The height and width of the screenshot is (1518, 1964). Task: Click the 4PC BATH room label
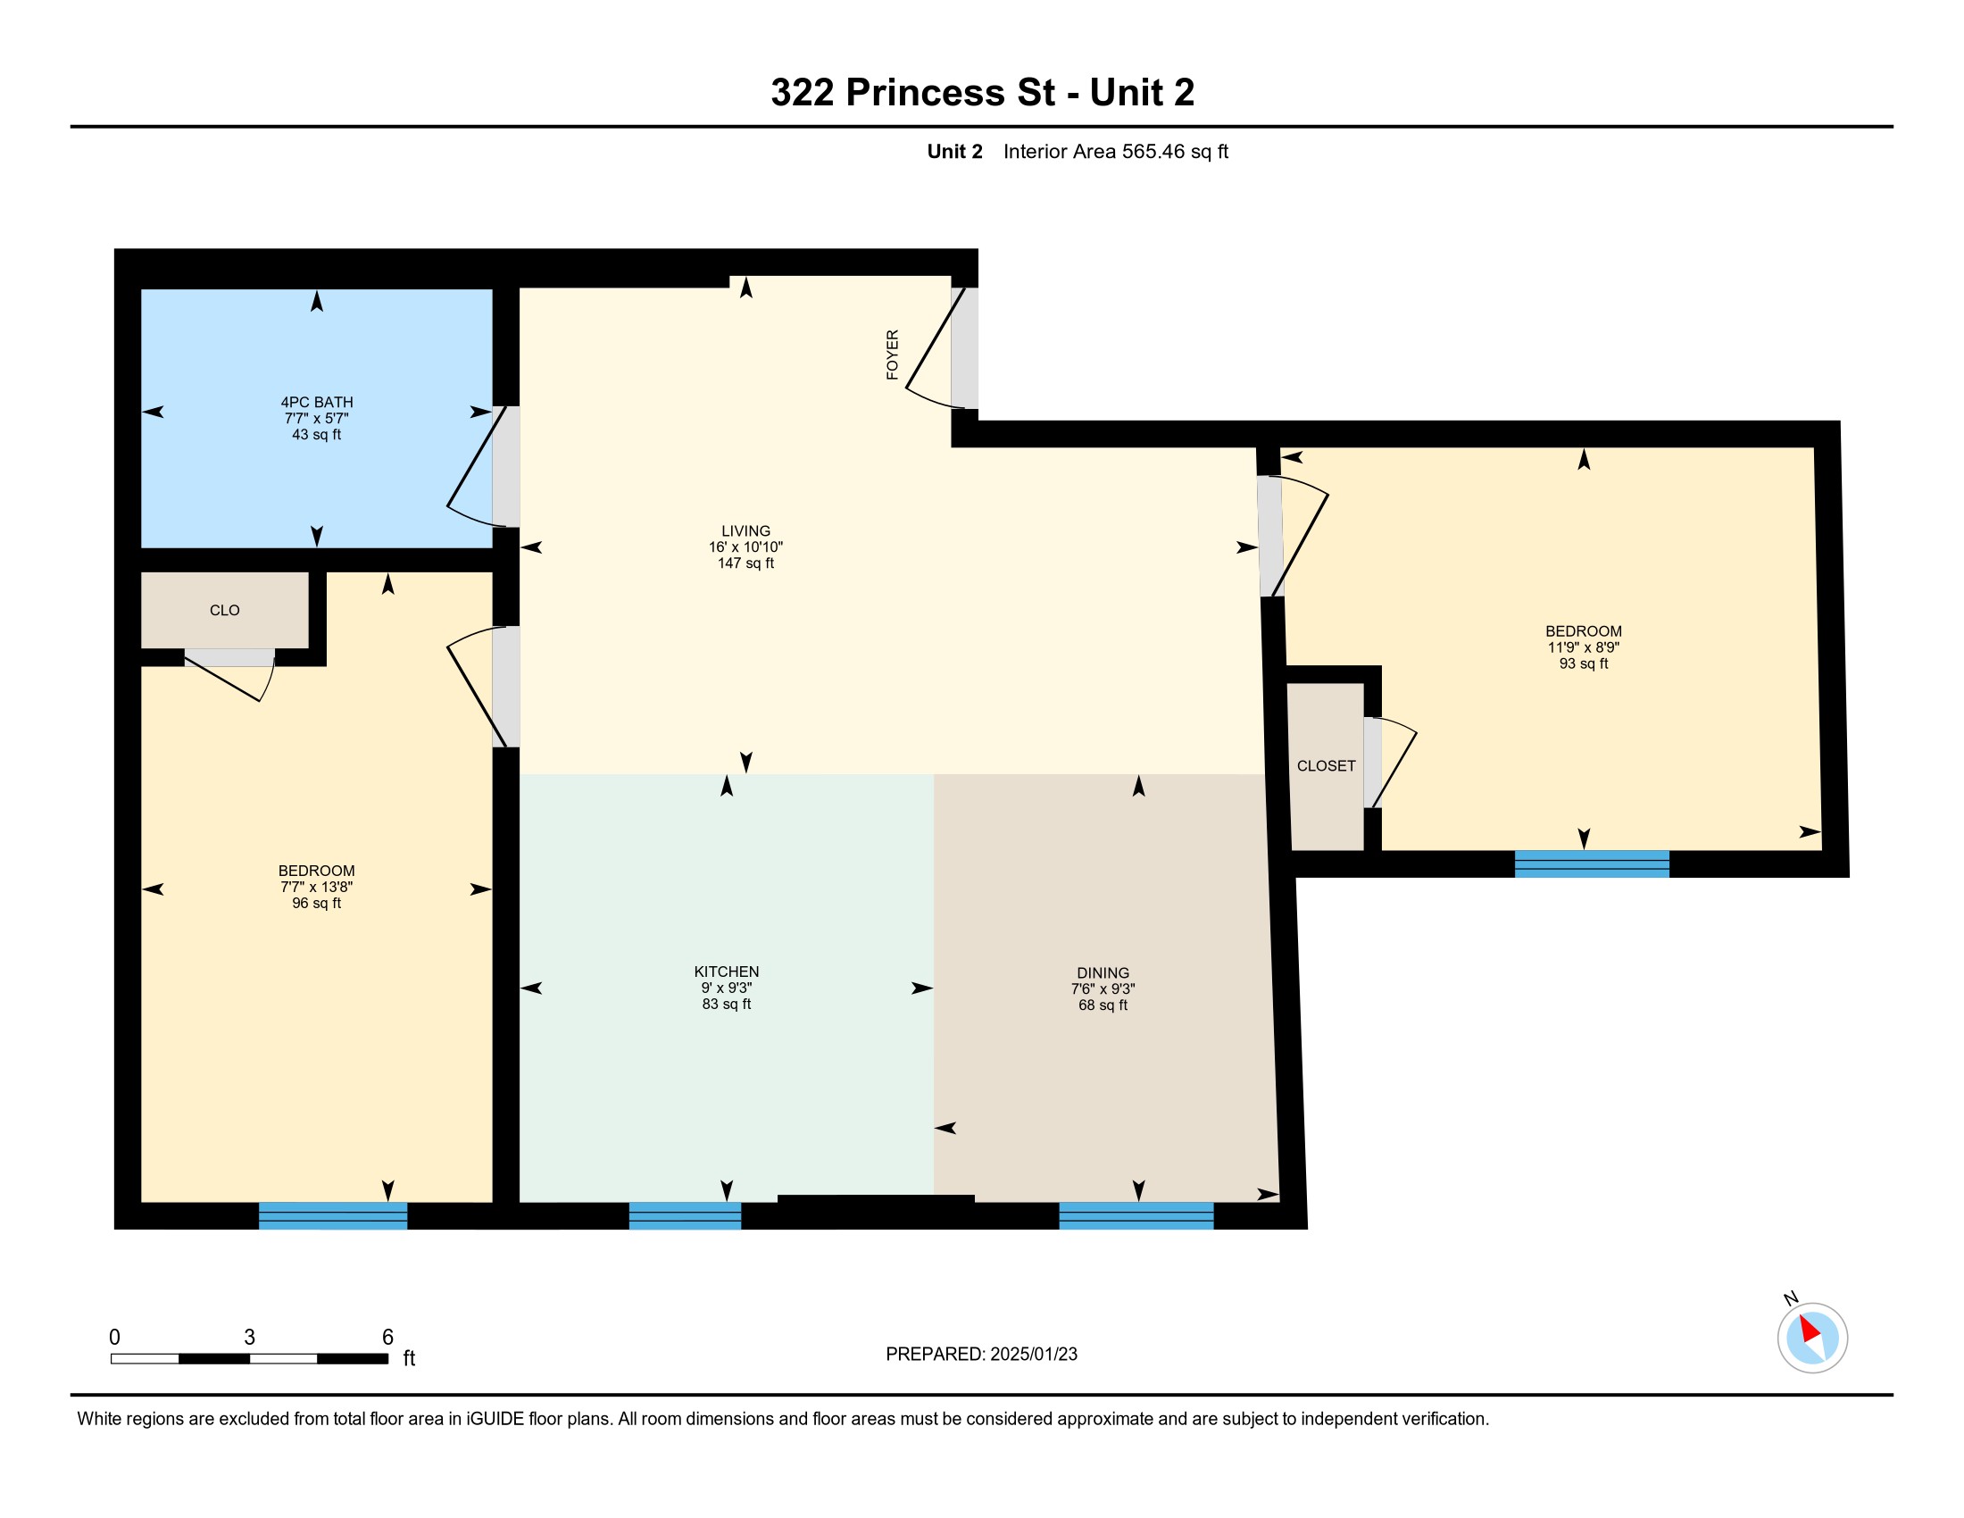317,402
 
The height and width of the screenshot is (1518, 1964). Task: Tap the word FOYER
892,354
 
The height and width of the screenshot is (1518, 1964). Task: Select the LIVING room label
745,530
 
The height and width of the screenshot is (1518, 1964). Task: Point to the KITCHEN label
727,972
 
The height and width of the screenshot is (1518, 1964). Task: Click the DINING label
1103,973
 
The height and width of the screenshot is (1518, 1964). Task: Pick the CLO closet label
225,611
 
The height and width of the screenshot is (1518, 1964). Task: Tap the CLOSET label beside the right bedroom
1327,766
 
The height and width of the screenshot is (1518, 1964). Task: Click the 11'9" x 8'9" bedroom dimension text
1584,647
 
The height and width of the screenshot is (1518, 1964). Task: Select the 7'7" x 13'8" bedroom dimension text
317,887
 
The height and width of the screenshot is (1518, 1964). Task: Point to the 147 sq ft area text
745,563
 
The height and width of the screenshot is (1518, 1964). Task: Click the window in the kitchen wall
686,1215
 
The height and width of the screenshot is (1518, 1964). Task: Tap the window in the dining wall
1136,1215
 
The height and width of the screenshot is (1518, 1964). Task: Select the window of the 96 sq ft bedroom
333,1215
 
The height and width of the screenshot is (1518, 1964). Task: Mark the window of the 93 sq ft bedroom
1592,863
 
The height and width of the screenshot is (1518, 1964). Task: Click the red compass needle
1810,1329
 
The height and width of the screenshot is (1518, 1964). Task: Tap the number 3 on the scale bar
250,1338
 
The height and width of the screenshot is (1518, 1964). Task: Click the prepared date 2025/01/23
1032,1355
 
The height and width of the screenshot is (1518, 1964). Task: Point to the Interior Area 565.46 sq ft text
1116,152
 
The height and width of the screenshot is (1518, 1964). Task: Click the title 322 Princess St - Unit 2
982,93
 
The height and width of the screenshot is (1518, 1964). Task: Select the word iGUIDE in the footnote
495,1419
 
